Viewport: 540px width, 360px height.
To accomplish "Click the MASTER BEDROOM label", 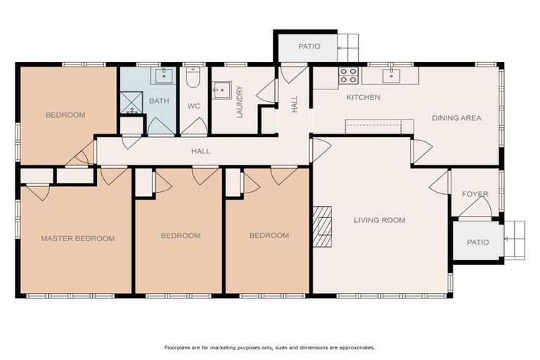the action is pos(78,238).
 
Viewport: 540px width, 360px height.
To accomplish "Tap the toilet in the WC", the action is pos(193,77).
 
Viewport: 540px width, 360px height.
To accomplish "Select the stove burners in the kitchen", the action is pos(348,75).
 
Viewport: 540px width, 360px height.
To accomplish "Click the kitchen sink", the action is pos(392,75).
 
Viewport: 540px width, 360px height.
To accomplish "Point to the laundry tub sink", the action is pos(222,90).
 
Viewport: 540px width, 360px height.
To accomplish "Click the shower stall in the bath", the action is pos(131,103).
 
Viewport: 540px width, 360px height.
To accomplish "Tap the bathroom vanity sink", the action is pos(164,75).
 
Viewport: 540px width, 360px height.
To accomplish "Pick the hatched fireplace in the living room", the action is pos(322,226).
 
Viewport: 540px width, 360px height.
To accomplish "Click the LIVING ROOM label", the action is pos(380,220).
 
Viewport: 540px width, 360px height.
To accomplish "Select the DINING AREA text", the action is pos(456,118).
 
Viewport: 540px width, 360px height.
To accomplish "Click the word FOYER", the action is pos(475,194).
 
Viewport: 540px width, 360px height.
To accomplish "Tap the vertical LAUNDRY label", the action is pos(240,102).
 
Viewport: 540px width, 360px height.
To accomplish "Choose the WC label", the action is pos(193,106).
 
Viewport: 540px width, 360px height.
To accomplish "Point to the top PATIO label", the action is pos(309,46).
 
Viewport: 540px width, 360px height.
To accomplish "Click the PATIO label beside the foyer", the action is pos(478,243).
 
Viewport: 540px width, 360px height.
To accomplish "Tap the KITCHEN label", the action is pos(364,98).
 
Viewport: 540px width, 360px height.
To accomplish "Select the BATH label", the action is pos(159,101).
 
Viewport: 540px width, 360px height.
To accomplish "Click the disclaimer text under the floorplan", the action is pos(270,347).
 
